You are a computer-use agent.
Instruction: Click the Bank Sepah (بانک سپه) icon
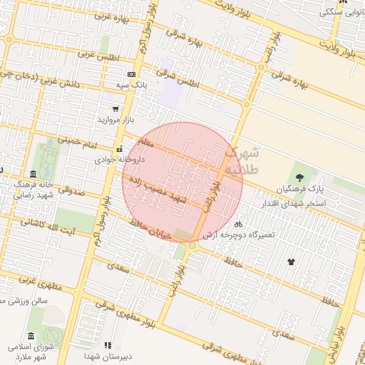130,74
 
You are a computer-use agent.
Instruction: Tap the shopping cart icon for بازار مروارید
115,109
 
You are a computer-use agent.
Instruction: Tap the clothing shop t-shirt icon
291,262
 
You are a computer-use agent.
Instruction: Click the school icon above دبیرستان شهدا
108,345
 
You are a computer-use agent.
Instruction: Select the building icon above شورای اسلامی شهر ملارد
30,336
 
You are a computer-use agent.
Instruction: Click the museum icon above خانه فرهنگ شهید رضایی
34,174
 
